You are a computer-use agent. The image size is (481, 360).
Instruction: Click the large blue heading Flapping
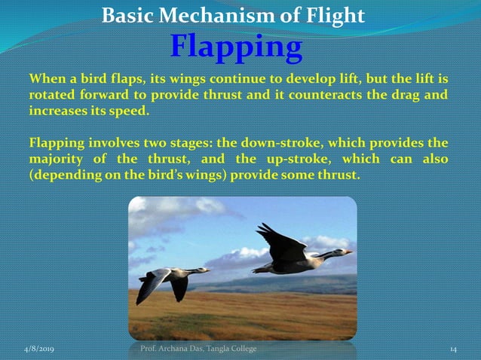pos(236,47)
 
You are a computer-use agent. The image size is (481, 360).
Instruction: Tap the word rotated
pos(54,95)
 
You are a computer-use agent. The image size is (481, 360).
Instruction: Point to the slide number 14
pos(454,349)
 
